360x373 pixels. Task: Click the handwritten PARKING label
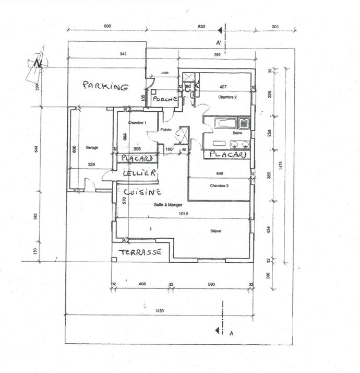tap(105, 86)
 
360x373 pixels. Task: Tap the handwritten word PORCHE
tap(165, 99)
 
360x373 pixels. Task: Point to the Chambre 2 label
tap(227, 97)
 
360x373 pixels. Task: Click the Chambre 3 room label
tap(219, 186)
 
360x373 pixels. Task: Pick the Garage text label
tap(92, 147)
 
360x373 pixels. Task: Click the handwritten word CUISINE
tap(138, 192)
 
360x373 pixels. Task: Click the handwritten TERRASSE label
tap(139, 252)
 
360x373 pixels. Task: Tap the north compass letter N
tap(38, 63)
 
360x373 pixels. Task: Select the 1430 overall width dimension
tap(160, 311)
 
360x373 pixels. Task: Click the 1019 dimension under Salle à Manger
tap(183, 214)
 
